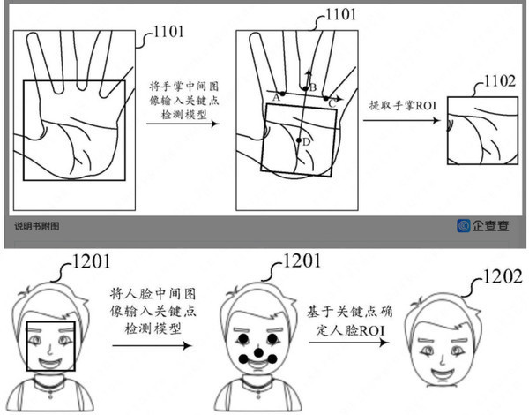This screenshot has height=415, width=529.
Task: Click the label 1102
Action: click(x=500, y=81)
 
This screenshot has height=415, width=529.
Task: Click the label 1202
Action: click(x=503, y=276)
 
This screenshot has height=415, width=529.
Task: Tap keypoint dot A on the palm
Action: click(x=282, y=94)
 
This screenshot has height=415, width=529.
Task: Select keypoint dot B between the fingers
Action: click(x=305, y=88)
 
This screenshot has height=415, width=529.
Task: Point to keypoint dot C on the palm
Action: click(x=325, y=98)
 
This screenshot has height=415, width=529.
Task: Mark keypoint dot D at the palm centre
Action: click(x=298, y=140)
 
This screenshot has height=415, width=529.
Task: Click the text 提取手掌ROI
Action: click(x=403, y=106)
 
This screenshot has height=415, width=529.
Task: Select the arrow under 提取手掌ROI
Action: click(x=401, y=120)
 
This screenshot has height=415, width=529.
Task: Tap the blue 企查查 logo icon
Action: click(x=464, y=226)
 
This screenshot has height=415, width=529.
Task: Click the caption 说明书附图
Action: click(x=37, y=226)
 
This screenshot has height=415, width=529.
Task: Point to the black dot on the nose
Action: click(x=258, y=352)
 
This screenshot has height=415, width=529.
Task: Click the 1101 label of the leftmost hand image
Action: click(x=168, y=32)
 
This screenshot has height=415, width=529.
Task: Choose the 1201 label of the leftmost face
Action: click(x=91, y=261)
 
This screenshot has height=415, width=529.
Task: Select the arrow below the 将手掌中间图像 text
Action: click(x=183, y=124)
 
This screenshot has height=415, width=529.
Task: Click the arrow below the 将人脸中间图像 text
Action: click(x=153, y=345)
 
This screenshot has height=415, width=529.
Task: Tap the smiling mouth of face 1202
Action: click(x=443, y=373)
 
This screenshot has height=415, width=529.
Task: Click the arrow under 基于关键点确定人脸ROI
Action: click(x=348, y=343)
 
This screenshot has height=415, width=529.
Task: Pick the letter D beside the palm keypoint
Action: click(x=306, y=142)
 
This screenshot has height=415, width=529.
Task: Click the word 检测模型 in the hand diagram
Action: click(x=184, y=115)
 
